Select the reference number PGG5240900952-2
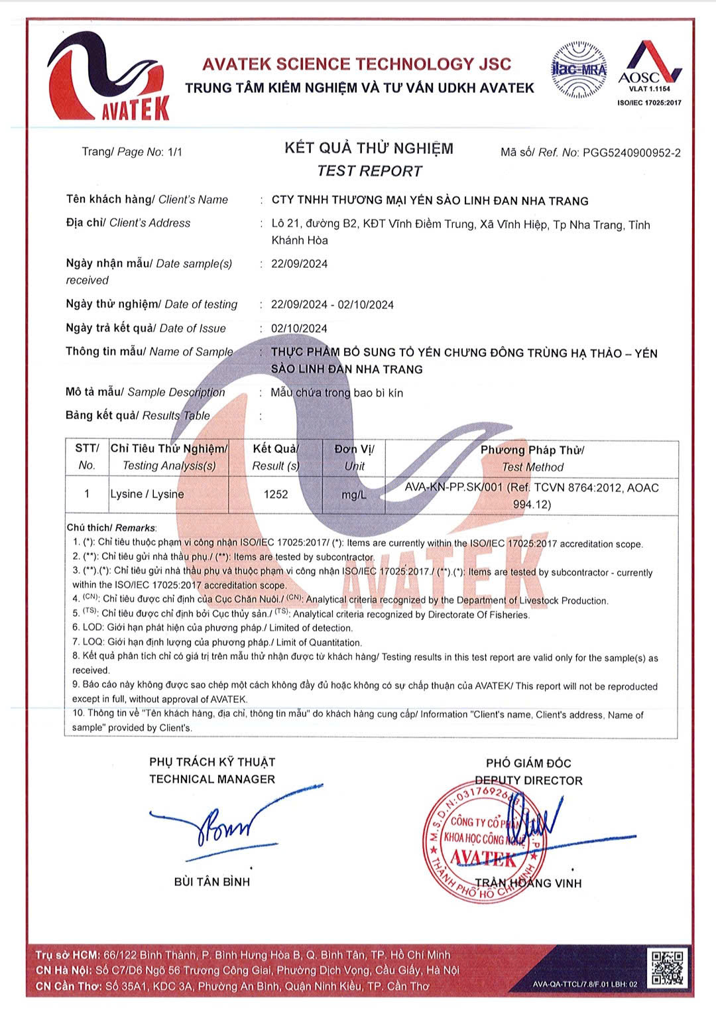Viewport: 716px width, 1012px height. click(631, 153)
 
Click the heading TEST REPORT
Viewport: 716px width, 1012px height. click(369, 171)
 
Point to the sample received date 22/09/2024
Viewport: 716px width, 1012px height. click(299, 264)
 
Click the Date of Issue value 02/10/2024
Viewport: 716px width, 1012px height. click(299, 328)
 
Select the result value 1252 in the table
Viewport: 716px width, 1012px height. click(276, 494)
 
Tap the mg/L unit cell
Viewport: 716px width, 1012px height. click(353, 495)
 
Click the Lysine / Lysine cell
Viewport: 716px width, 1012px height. click(147, 494)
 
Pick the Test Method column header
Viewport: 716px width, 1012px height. click(532, 458)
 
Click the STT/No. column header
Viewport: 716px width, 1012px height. click(87, 457)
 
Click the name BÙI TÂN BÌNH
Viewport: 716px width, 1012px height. click(212, 881)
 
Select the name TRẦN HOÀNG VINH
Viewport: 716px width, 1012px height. click(528, 883)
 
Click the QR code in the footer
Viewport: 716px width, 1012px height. click(667, 968)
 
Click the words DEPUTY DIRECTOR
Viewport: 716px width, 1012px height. click(528, 781)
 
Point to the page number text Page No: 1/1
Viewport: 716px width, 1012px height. click(132, 152)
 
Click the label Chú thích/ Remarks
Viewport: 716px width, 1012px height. click(111, 528)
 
